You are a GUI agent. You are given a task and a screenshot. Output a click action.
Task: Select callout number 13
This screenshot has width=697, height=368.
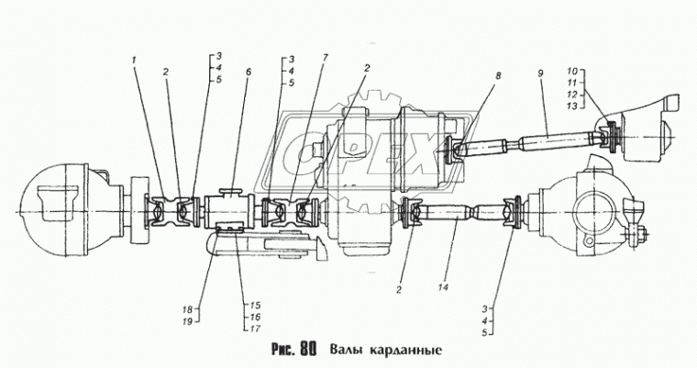pos(571,106)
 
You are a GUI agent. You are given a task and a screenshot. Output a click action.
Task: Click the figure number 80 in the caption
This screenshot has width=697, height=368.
pos(306,349)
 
